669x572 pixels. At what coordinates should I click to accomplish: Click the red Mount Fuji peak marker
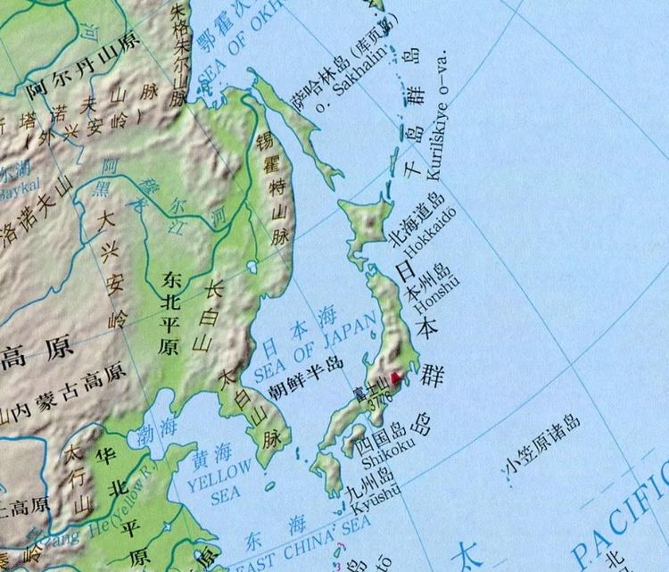coord(396,378)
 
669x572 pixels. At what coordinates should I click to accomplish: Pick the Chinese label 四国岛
coord(381,439)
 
